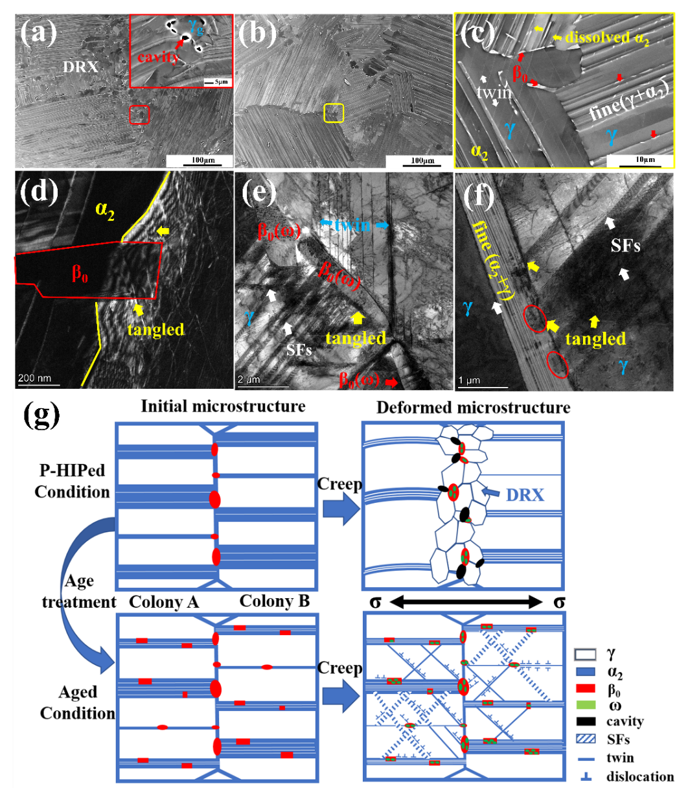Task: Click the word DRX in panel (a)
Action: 80,67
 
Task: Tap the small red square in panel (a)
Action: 139,115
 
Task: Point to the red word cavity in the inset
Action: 157,56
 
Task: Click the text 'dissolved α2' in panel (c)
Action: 606,38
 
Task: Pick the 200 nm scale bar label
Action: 34,378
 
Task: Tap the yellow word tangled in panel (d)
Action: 155,330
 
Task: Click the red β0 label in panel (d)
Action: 80,273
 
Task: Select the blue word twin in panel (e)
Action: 353,224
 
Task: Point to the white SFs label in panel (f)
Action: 625,246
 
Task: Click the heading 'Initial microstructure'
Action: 223,407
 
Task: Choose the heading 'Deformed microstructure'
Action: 474,408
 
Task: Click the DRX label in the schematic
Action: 525,494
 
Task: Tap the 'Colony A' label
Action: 164,602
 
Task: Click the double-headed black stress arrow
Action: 465,603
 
